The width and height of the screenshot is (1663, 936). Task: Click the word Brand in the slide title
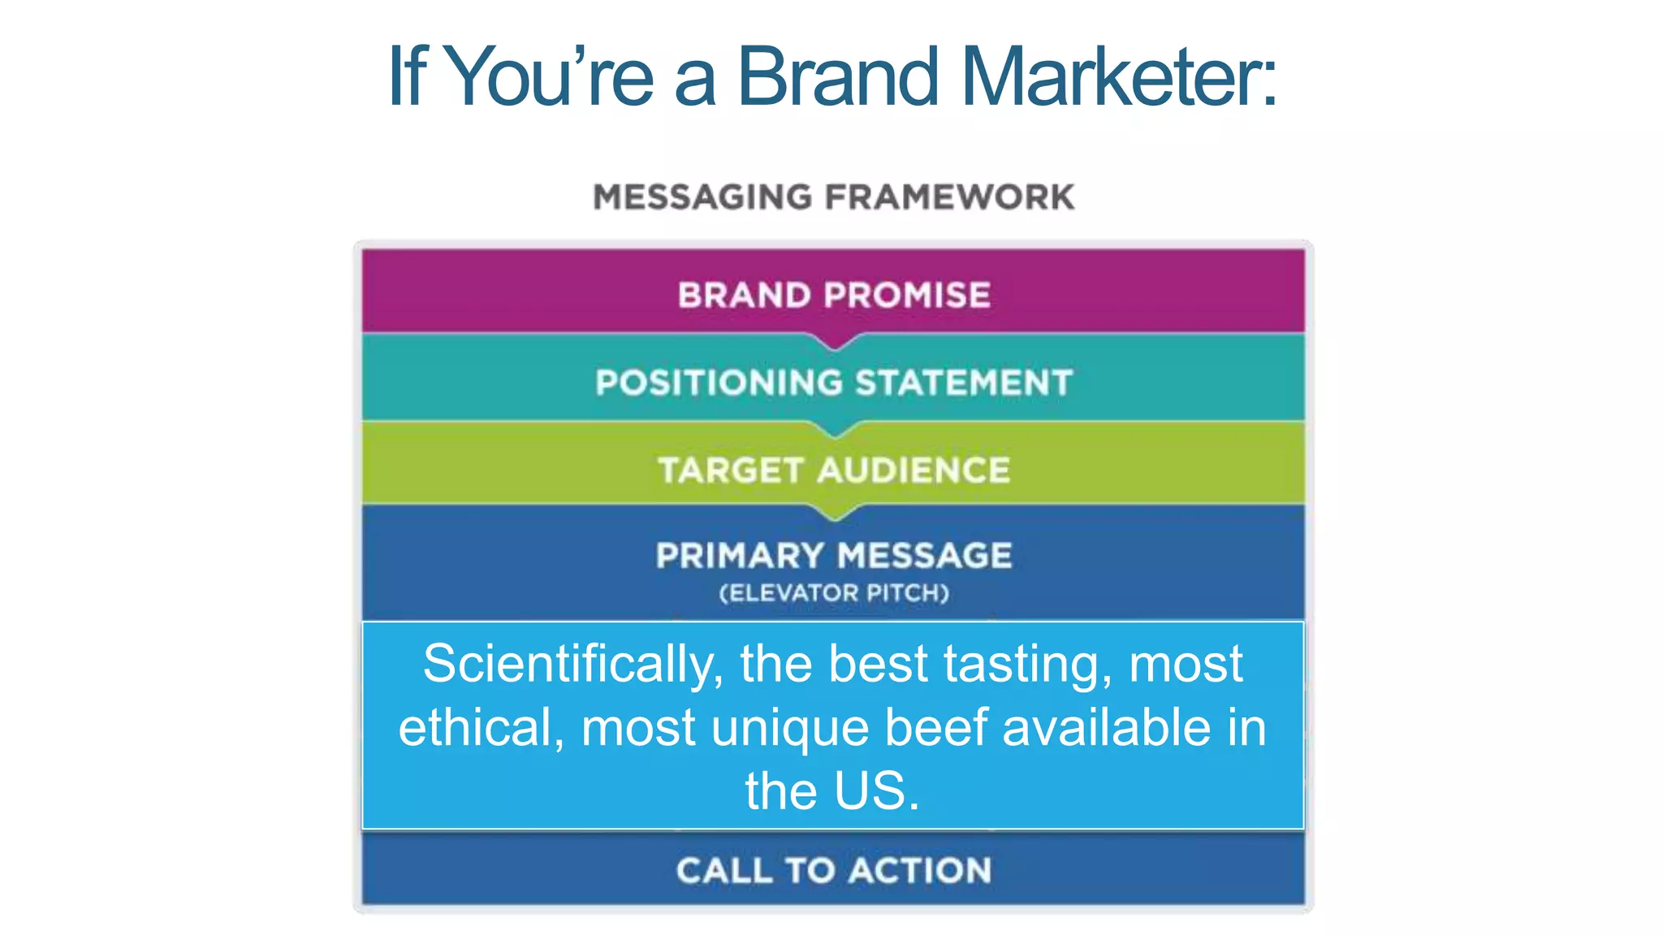838,76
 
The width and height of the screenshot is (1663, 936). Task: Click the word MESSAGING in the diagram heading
702,197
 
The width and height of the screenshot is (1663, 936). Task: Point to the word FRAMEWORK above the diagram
949,197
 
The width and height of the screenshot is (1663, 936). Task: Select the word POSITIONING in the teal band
719,383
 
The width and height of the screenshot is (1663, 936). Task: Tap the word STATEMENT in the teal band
964,383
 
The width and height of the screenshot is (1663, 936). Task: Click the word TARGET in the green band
731,470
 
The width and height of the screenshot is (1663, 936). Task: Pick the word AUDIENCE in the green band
914,470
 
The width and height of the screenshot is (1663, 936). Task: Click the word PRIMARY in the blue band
740,557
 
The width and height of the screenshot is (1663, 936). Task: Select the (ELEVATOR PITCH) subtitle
834,593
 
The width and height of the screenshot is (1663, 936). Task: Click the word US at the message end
870,791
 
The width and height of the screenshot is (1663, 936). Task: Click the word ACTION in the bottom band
921,871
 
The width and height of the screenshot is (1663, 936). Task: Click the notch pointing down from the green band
834,512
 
